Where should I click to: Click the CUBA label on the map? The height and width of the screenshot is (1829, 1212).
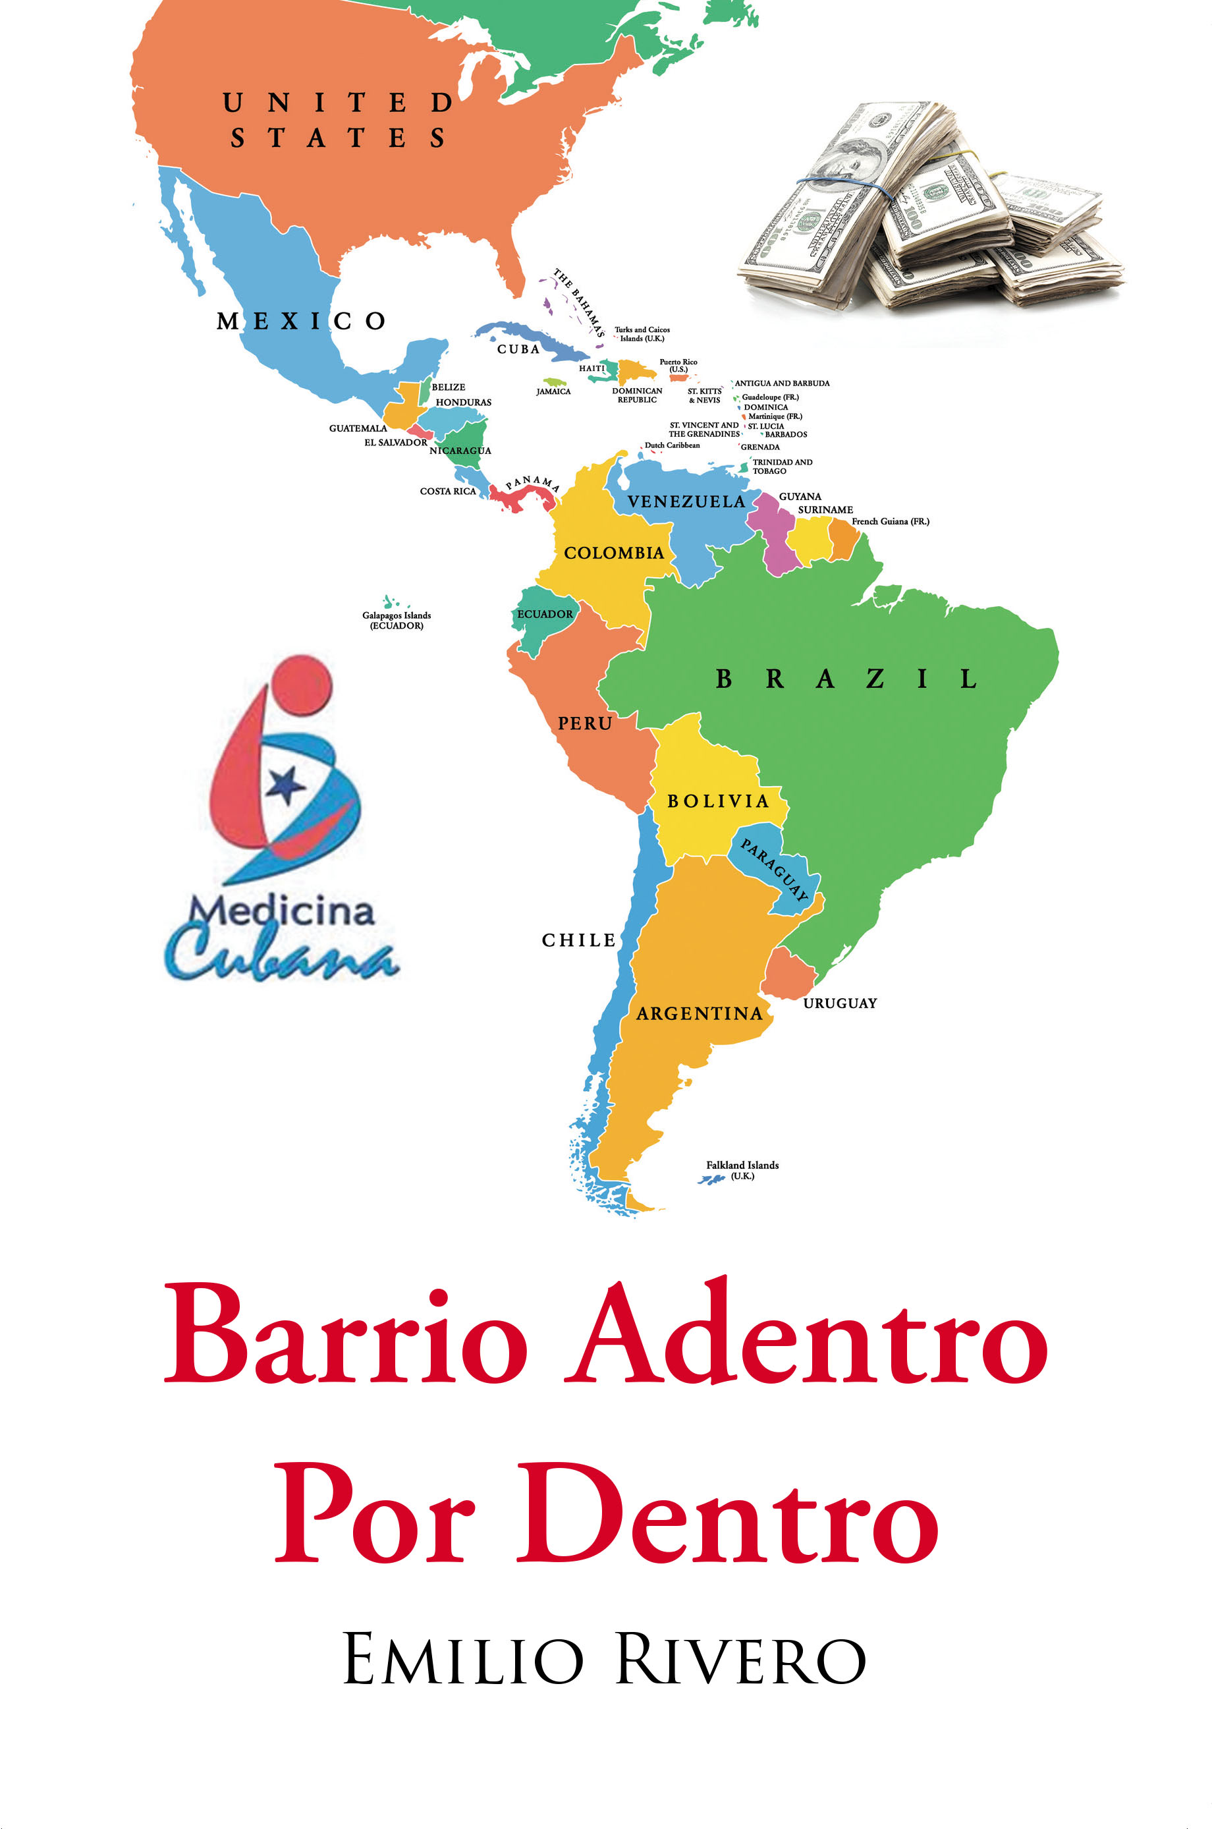[518, 349]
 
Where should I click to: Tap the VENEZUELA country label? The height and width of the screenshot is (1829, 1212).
[686, 501]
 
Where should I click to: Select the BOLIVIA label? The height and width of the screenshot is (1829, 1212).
[718, 801]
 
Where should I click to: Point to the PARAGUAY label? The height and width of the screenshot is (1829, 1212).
[775, 870]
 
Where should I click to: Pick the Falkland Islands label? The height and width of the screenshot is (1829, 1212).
[742, 1170]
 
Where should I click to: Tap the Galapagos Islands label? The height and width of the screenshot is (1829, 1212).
[397, 620]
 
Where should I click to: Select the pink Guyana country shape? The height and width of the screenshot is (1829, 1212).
[773, 534]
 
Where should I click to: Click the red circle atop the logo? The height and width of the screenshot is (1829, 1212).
[302, 684]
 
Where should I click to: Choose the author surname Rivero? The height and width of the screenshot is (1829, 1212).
[740, 1660]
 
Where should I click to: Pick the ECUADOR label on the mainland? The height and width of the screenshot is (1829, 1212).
[545, 614]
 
